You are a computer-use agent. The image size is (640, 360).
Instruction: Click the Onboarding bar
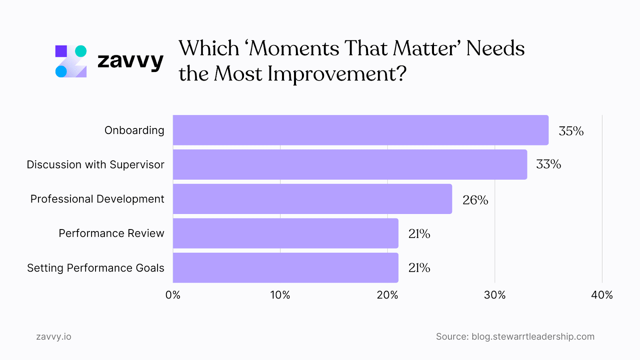tap(360, 130)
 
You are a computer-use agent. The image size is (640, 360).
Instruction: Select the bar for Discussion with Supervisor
tap(350, 164)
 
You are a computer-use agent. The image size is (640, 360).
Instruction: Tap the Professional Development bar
tap(312, 199)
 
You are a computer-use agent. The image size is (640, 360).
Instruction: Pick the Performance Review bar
tap(286, 233)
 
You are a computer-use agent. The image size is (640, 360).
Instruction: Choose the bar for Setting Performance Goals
tap(286, 268)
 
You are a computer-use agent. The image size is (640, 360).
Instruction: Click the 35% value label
tap(571, 131)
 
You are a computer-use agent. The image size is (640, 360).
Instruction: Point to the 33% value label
tap(548, 164)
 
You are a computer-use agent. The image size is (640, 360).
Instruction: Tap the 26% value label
tap(475, 200)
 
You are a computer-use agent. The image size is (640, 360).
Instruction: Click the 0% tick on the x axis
tap(173, 295)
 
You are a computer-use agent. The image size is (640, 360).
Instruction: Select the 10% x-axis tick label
tap(280, 295)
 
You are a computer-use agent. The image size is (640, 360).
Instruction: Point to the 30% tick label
tap(495, 295)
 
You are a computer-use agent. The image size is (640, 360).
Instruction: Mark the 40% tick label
tap(602, 295)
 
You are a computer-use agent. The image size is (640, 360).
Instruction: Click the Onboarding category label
tap(134, 130)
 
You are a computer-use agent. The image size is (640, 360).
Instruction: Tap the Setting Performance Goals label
tap(96, 268)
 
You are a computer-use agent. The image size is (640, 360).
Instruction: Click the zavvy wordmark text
tap(130, 61)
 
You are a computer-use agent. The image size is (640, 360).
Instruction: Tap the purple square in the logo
tap(61, 51)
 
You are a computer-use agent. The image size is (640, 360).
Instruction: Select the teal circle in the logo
tap(81, 51)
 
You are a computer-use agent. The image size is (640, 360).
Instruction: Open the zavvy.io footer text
tap(54, 337)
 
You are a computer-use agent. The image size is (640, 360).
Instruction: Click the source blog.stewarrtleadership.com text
tap(533, 337)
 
